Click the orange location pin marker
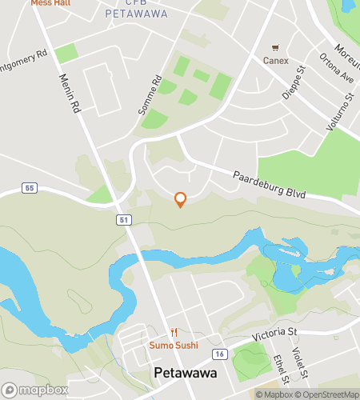(180, 199)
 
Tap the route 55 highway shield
(30, 188)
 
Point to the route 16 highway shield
(219, 353)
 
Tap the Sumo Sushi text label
(174, 345)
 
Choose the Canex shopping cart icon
(277, 47)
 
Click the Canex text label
(277, 60)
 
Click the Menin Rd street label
(70, 94)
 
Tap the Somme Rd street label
(150, 94)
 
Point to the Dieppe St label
(294, 82)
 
